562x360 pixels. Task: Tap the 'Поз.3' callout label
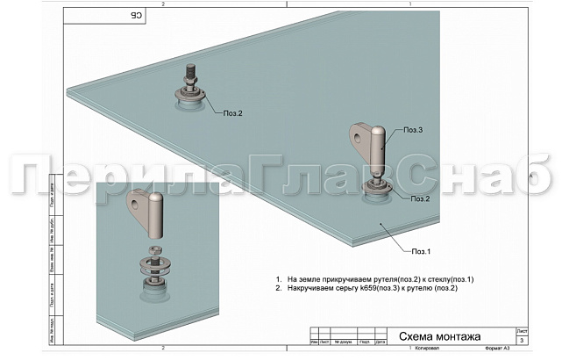tap(414, 131)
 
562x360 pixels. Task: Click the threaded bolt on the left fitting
tap(190, 70)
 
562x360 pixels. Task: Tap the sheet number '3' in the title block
tap(523, 339)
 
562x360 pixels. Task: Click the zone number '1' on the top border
tap(411, 4)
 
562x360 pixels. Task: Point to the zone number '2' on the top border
tap(163, 4)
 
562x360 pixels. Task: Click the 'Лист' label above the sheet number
tap(523, 329)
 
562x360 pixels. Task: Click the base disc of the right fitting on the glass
tap(377, 195)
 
